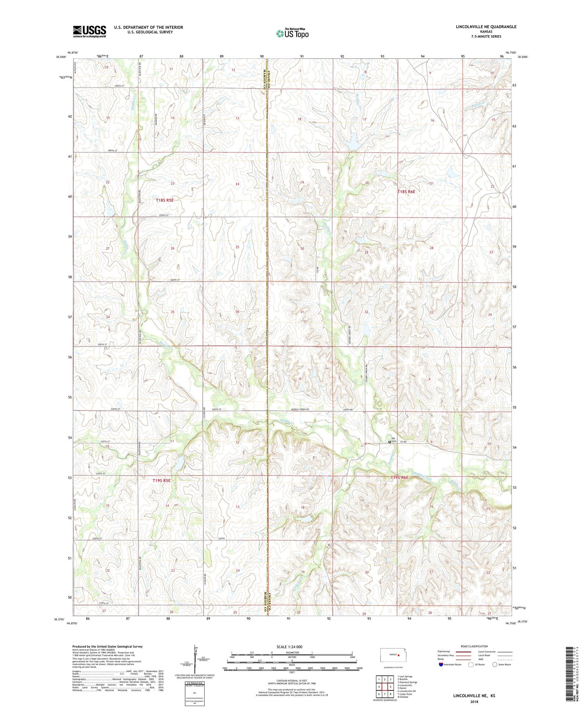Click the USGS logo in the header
[89, 31]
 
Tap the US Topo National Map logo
[292, 33]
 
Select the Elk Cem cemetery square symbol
[389, 442]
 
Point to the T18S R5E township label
[165, 200]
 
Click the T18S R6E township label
[406, 192]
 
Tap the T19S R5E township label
[162, 480]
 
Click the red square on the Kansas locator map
[399, 654]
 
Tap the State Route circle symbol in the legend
[495, 665]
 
